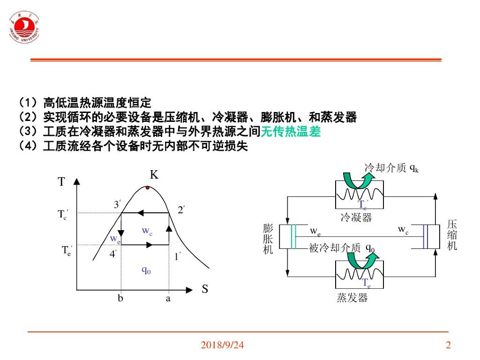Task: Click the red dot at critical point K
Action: pos(148,188)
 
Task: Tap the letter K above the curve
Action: pos(154,175)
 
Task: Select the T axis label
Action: pos(61,182)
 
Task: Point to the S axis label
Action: pos(205,289)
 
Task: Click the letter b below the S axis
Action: pos(120,298)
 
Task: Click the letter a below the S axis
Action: pos(168,298)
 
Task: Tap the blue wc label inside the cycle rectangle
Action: pos(147,231)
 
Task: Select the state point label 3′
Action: pos(117,205)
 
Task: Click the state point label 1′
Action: pos(178,256)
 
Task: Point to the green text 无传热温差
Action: pos(291,132)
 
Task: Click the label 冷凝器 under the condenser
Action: pos(356,217)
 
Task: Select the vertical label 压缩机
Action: pos(452,234)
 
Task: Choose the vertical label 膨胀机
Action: pos(268,239)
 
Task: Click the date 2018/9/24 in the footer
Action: pos(223,345)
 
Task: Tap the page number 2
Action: pos(448,345)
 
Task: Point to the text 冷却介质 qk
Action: pos(391,168)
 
